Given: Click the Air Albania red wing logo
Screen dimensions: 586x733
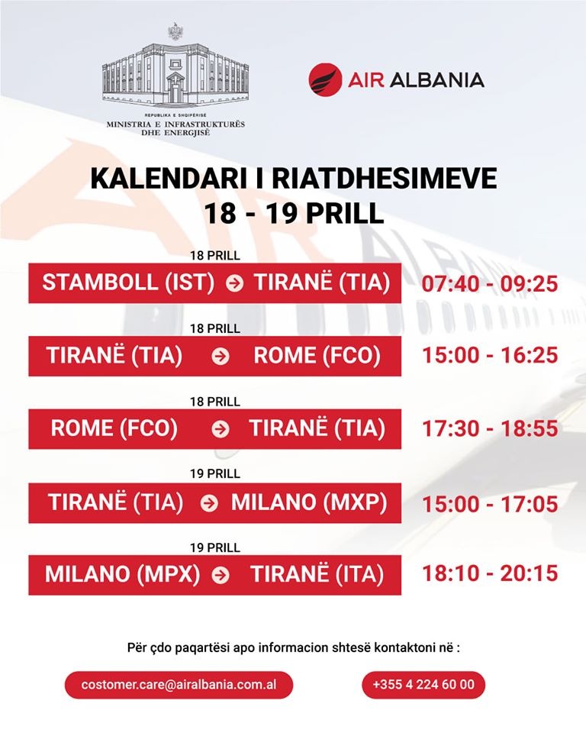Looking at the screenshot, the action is [x=325, y=80].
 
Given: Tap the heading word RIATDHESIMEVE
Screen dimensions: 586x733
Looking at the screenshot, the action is [x=384, y=178].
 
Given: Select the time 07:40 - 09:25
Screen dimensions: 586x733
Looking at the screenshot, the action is [x=490, y=283].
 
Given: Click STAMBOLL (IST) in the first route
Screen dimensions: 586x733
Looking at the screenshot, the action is [x=128, y=283].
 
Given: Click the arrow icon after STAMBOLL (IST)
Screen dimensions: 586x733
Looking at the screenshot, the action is [x=234, y=283].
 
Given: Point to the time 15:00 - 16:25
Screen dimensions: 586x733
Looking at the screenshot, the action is [x=490, y=355].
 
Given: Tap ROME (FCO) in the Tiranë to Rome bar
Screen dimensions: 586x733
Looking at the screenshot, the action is [x=317, y=356].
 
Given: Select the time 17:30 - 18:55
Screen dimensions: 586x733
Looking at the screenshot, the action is [x=490, y=428].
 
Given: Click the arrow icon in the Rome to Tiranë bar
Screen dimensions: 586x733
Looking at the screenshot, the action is [x=221, y=430].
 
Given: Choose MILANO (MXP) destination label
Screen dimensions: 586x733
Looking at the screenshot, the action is [x=309, y=502].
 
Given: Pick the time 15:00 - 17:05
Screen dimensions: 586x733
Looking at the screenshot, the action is [x=490, y=504].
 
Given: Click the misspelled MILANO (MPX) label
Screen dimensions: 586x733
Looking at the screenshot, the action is [x=122, y=574].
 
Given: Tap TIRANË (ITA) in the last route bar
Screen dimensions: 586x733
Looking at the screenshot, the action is [x=317, y=574].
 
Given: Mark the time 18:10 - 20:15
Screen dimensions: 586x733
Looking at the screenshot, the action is [x=490, y=573].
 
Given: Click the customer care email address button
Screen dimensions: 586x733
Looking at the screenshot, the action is [x=179, y=685].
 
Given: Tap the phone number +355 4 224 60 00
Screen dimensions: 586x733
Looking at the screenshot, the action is [x=423, y=685].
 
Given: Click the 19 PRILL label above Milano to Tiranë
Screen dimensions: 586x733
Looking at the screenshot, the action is [x=215, y=547].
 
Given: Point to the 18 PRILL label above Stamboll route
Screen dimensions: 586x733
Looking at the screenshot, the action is [x=215, y=256].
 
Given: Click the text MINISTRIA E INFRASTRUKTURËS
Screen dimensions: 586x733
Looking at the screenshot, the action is [x=175, y=124].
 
